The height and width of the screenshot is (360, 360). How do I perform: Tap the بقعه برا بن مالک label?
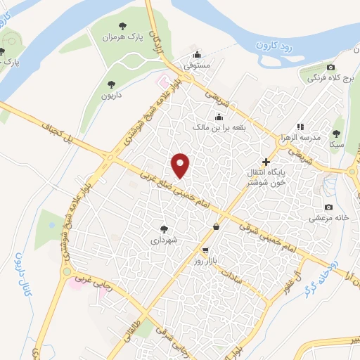click(x=219, y=129)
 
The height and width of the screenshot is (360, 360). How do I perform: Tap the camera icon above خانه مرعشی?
click(x=328, y=207)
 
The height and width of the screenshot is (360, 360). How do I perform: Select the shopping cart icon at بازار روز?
click(x=205, y=250)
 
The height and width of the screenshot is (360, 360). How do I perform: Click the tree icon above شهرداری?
click(x=165, y=229)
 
